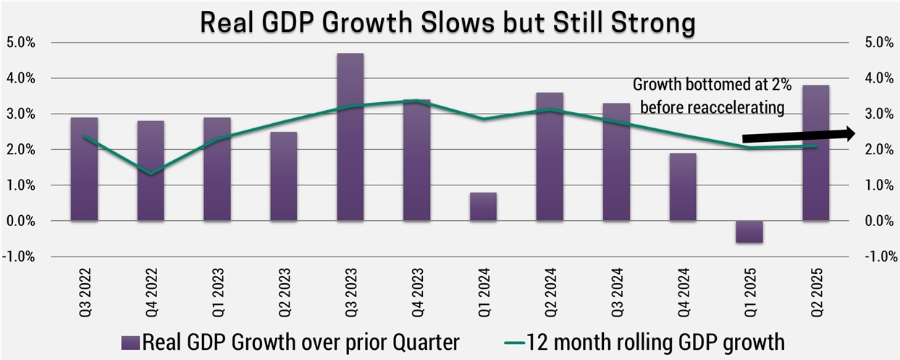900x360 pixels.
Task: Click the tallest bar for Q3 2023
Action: (350, 137)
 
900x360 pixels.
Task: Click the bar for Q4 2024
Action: (683, 187)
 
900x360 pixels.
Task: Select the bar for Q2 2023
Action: (284, 176)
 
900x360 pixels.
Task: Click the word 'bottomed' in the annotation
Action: (710, 85)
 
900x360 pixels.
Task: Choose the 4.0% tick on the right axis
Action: (879, 78)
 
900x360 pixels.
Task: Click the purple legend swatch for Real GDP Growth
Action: (132, 340)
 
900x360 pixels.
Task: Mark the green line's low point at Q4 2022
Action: (151, 174)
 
